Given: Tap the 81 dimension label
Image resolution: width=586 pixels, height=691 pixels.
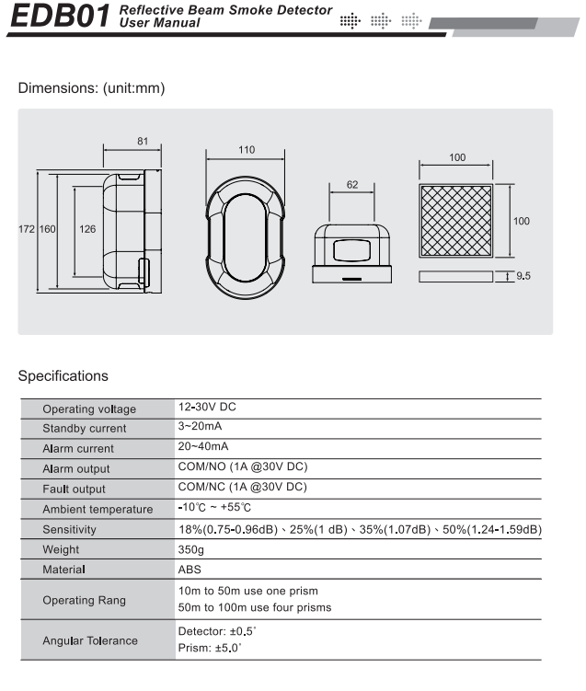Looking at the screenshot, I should pos(143,141).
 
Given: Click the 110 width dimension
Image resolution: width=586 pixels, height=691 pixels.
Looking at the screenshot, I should pos(247,150).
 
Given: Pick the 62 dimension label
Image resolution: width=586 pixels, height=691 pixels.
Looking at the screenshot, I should pos(352,185).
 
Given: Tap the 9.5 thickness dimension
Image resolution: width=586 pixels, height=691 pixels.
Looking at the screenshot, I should pos(523,275).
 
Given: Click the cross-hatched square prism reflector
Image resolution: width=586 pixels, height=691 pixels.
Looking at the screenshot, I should pos(457,222).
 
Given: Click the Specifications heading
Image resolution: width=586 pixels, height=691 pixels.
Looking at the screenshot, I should pos(63,375).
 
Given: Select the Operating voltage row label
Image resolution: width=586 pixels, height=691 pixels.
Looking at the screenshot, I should pos(89,409).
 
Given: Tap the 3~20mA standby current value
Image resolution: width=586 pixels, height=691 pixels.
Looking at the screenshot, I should pos(200,427).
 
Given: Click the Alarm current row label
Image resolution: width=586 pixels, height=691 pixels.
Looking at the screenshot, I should pos(78,449).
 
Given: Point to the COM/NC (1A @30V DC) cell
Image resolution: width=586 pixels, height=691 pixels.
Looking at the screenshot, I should pos(242,488).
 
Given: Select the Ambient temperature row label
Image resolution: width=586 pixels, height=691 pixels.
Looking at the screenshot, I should pos(98,510).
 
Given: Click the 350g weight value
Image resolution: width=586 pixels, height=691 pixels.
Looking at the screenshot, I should pos(190,549).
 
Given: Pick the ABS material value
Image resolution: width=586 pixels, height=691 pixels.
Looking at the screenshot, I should pos(189,570).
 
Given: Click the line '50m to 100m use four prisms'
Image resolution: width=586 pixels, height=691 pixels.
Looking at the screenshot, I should pos(254,607).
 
